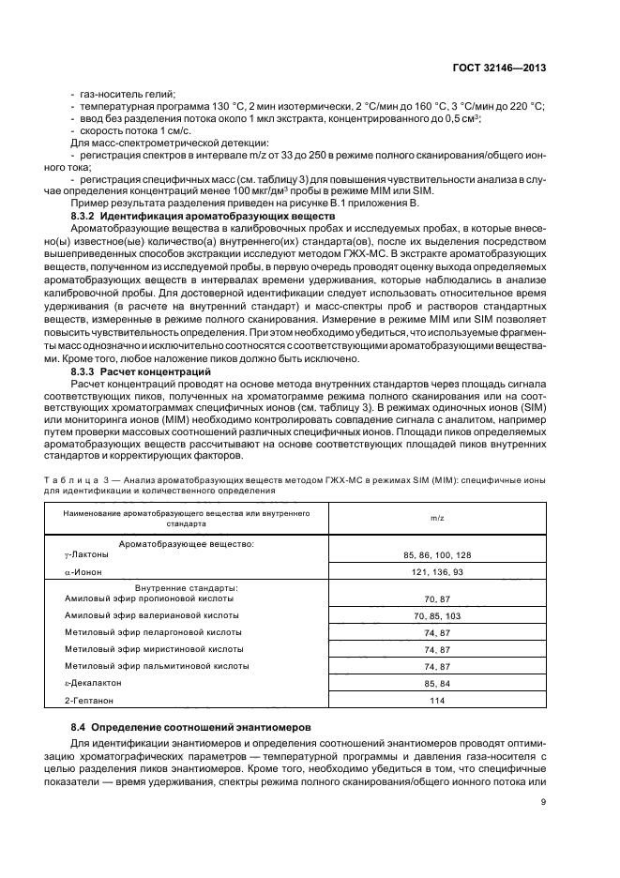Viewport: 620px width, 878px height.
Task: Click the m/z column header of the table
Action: click(x=437, y=517)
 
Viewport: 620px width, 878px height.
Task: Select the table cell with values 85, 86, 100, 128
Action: click(x=437, y=554)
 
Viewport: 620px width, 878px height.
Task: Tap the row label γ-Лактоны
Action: click(x=86, y=554)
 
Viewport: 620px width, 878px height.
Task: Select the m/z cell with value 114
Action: click(x=437, y=700)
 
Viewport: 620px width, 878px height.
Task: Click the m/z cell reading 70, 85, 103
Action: click(x=437, y=615)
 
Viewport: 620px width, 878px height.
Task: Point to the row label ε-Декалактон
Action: click(x=93, y=683)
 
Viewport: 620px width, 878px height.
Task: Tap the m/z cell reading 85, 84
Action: click(x=437, y=683)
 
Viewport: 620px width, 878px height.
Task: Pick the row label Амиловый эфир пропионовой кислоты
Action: click(x=149, y=598)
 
